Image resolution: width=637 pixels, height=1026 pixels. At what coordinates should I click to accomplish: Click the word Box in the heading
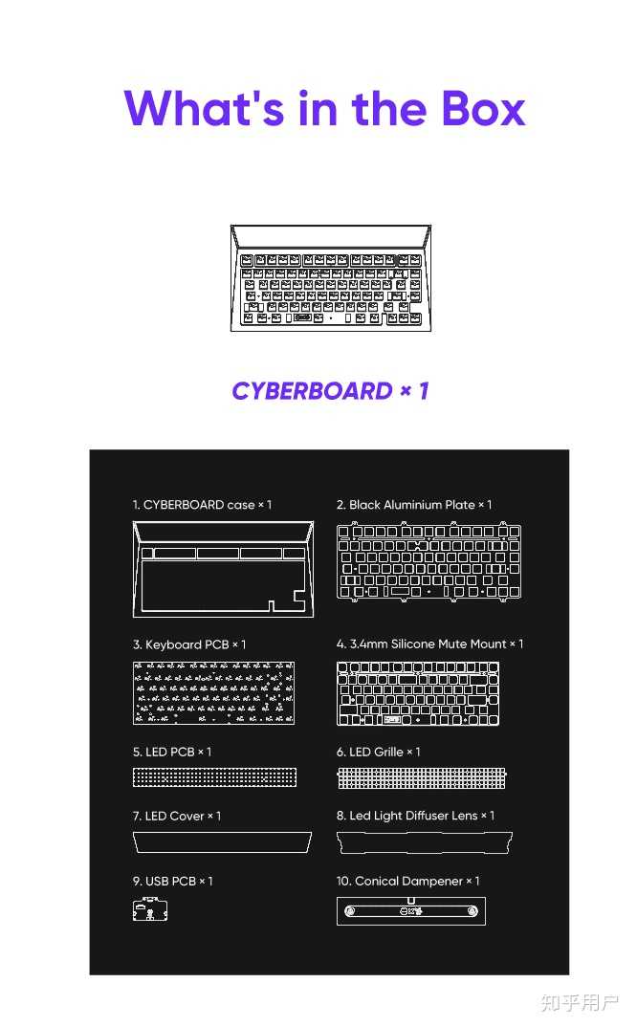click(x=483, y=108)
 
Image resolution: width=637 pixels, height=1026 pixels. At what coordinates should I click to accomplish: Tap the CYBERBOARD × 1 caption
click(x=330, y=391)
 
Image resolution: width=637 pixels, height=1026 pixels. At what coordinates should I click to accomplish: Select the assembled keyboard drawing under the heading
click(x=330, y=278)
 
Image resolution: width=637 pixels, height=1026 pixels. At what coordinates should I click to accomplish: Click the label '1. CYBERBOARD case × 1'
click(x=202, y=505)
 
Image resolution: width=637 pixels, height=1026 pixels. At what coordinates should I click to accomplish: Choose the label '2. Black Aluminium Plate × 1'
click(x=414, y=505)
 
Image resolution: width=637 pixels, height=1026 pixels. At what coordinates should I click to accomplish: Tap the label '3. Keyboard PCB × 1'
click(x=189, y=644)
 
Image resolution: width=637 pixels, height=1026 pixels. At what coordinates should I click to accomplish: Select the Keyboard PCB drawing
click(x=213, y=692)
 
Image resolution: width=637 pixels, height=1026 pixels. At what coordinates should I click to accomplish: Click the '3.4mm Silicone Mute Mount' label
click(x=429, y=644)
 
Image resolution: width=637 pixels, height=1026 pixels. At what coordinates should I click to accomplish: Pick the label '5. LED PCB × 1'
click(x=172, y=753)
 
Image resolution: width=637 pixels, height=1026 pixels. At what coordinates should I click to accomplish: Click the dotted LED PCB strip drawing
click(x=214, y=777)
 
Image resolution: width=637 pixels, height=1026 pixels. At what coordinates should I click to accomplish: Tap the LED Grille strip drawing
click(x=421, y=777)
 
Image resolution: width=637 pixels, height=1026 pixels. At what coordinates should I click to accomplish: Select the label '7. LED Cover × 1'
click(x=177, y=817)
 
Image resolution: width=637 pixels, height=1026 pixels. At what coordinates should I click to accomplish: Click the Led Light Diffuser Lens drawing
click(x=425, y=842)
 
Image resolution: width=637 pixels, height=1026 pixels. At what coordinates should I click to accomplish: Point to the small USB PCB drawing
click(x=150, y=910)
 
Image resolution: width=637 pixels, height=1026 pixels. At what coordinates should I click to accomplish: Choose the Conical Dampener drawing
click(x=411, y=911)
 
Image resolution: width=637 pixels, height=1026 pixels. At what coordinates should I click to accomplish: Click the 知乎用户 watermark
click(x=580, y=1002)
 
